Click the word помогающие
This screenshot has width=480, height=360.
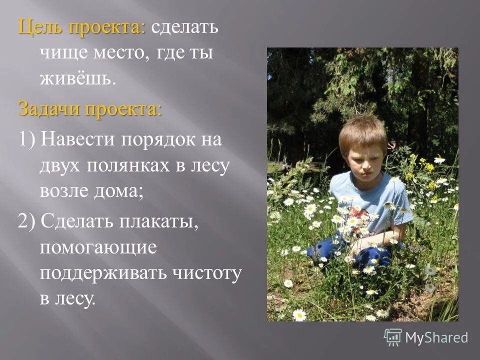pos(98,247)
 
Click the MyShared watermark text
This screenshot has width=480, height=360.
pos(436,337)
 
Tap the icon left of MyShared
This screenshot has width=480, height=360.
pos(393,337)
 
